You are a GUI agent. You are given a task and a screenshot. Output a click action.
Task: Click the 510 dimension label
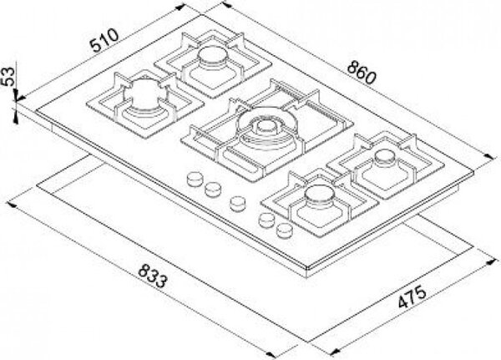pos(104,41)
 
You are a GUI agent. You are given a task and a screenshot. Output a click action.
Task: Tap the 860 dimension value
pos(362,73)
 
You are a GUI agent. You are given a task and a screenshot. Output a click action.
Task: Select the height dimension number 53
pos(8,76)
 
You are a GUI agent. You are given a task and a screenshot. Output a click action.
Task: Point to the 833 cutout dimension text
pos(153,276)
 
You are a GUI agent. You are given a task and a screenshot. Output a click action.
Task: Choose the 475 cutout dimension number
pos(412,297)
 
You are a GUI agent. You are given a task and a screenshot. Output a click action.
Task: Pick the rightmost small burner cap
pos(384,158)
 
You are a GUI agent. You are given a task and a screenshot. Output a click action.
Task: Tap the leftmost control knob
pos(194,179)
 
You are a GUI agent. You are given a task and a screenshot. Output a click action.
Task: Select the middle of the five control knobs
pos(237,203)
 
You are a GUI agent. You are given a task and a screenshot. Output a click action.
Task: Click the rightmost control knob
pos(285,230)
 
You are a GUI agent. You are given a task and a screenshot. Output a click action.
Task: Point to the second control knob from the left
pos(213,189)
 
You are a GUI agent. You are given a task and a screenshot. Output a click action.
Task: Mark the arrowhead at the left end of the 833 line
pos(12,204)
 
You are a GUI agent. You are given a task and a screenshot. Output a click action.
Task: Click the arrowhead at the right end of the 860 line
pos(488,156)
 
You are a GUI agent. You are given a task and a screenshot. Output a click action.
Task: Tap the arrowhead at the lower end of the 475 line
pos(334,352)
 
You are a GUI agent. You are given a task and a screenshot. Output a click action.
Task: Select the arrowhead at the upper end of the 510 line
pos(181,7)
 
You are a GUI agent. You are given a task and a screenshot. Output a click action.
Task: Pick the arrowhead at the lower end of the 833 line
pos(271,354)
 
